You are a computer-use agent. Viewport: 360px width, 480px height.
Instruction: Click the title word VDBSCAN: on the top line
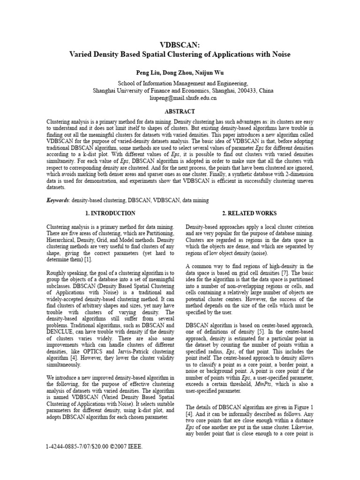[x=180, y=45]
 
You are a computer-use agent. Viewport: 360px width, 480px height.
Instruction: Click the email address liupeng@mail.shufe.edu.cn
[x=180, y=98]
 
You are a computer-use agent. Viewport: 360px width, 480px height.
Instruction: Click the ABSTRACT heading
[x=180, y=112]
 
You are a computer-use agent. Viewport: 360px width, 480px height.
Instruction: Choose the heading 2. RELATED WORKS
[x=249, y=213]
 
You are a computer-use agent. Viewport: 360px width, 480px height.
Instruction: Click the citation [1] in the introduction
[x=88, y=260]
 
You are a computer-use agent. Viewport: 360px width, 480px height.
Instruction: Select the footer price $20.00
[x=99, y=447]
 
